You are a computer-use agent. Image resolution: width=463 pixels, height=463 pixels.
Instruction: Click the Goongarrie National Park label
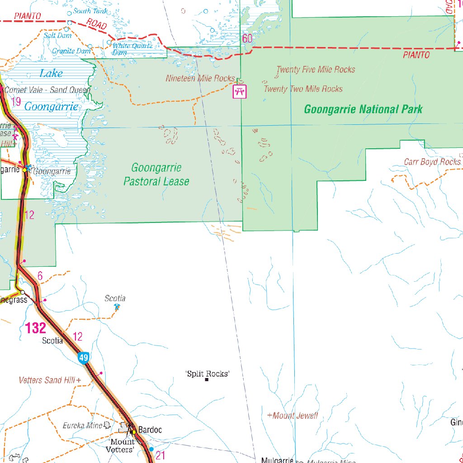363,109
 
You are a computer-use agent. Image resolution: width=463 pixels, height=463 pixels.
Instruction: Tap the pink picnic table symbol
240,92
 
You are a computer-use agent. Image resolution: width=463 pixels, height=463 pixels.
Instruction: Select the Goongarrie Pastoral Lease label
156,175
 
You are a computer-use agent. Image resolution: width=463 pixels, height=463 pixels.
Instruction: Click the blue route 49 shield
83,358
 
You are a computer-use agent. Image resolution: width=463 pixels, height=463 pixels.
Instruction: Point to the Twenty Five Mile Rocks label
316,70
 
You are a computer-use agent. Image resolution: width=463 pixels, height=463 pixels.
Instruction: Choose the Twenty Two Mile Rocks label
303,89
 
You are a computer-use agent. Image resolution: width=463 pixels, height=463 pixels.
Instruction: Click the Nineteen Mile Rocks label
200,78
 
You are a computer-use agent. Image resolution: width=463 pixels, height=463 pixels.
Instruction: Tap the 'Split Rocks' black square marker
207,380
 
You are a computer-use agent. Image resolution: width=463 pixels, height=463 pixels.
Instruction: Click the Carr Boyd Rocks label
432,162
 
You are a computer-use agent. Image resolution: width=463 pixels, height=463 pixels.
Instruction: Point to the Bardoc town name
150,430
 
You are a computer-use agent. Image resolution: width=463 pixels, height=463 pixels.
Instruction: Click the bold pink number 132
36,328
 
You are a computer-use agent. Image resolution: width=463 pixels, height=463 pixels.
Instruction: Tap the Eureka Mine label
82,425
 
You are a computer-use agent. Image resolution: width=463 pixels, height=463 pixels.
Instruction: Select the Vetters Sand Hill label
47,380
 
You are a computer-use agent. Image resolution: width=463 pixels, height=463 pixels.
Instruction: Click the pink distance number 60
247,39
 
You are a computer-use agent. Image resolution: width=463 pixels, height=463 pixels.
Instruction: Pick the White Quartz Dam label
132,49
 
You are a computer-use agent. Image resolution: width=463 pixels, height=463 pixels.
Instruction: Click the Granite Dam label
71,51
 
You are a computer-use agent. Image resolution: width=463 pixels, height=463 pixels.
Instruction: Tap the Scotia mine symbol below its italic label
117,307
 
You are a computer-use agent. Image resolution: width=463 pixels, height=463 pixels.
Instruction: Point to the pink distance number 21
161,455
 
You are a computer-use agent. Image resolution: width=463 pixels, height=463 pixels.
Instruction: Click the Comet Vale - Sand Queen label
47,90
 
